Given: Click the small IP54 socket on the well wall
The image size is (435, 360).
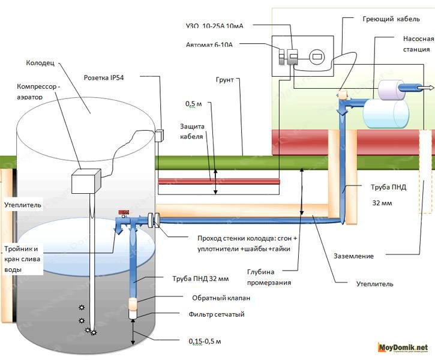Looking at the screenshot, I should point(160,136).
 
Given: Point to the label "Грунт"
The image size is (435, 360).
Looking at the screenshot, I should point(224,79).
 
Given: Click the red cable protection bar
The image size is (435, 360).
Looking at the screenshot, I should point(218,181).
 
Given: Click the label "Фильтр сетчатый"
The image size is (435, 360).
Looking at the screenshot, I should point(218,314).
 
